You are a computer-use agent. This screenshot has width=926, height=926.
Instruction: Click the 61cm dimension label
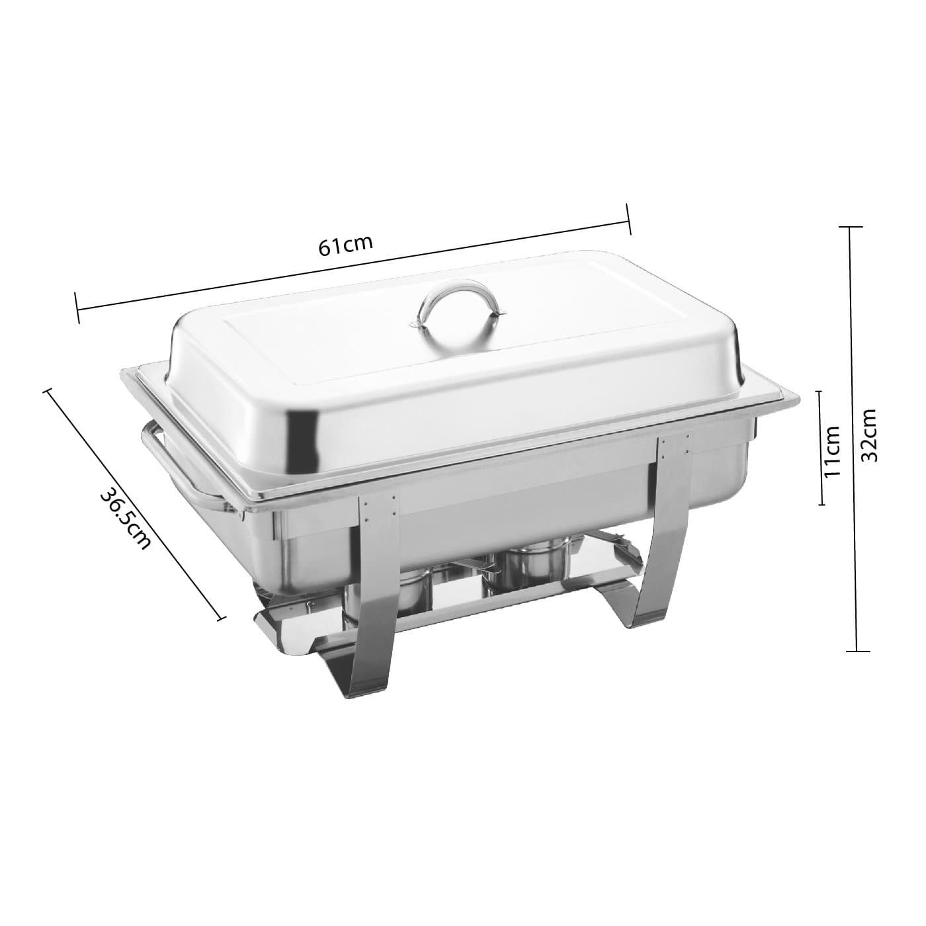coord(345,245)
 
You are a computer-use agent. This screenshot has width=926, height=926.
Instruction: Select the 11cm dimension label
coord(832,451)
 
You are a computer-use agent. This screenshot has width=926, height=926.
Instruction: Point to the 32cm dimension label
coord(868,435)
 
